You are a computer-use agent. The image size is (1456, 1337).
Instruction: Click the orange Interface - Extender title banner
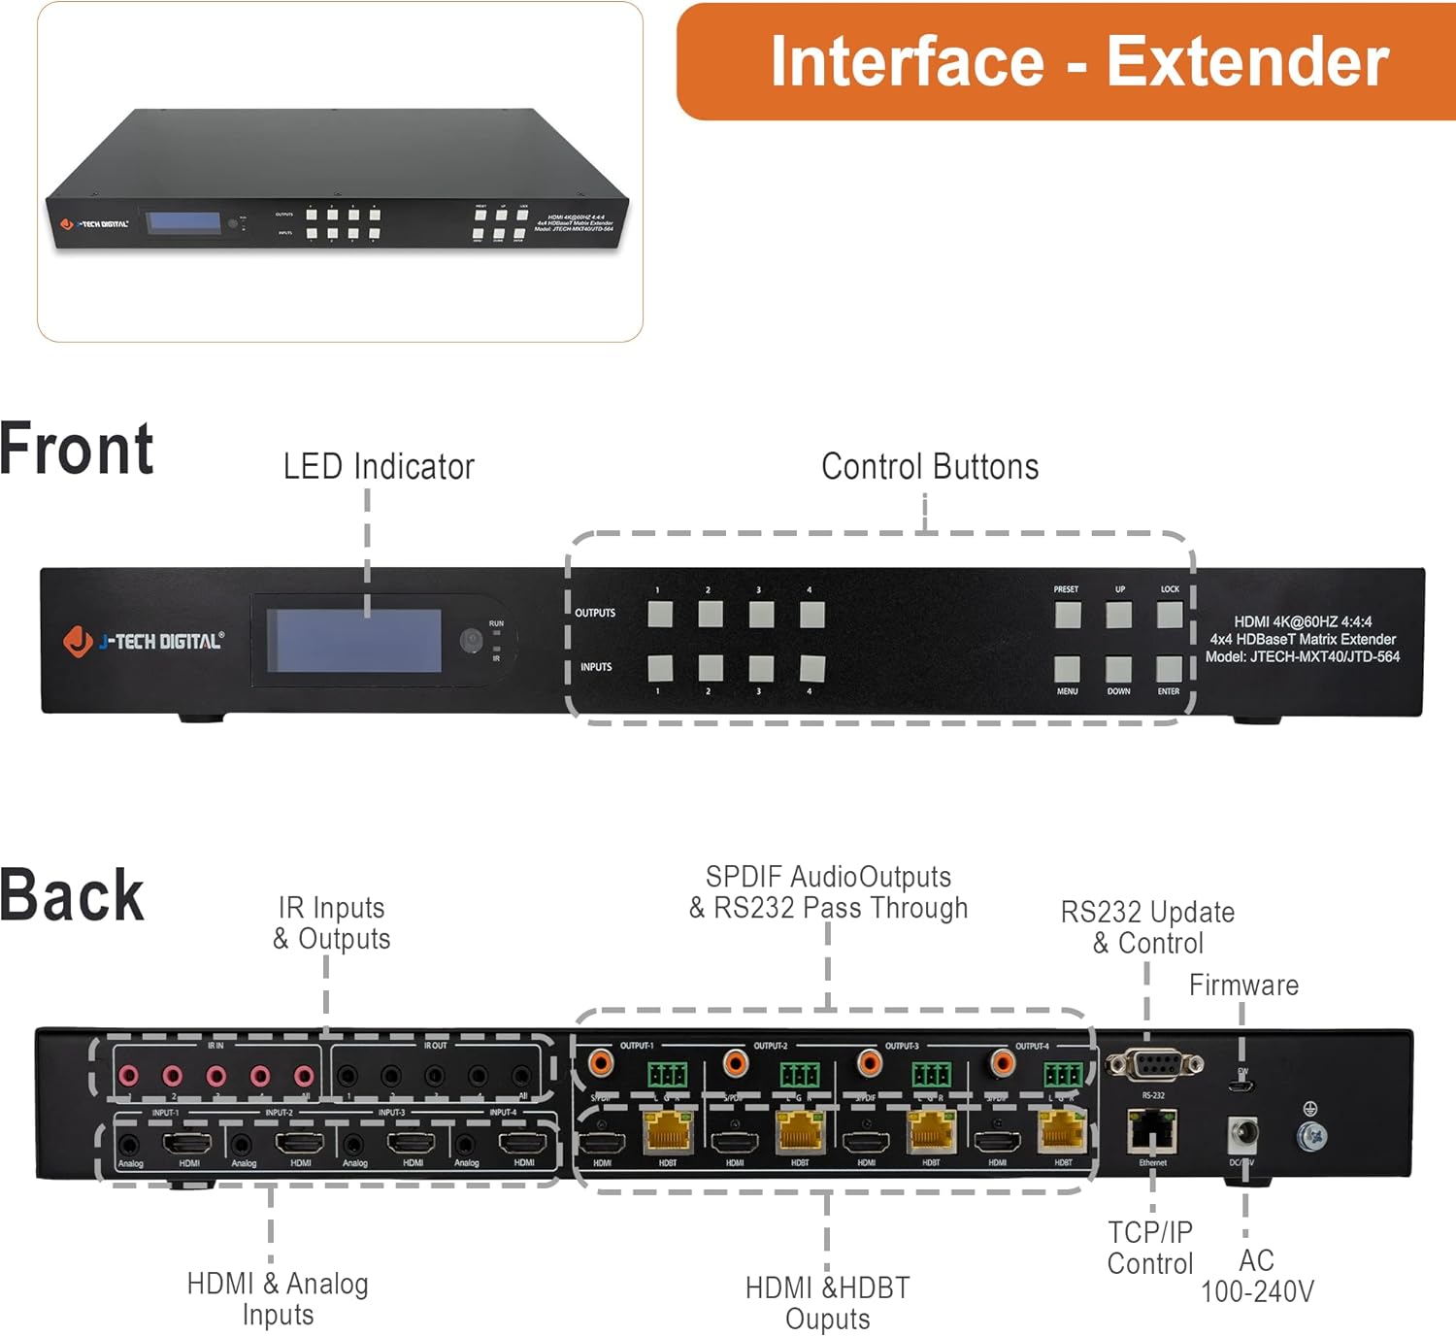coord(1068,62)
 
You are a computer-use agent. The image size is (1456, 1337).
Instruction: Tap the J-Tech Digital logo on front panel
coord(144,641)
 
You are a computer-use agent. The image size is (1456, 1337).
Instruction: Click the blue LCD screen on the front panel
coord(353,640)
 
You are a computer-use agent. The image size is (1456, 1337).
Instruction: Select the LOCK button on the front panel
coord(1170,615)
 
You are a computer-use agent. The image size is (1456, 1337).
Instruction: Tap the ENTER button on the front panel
coord(1169,668)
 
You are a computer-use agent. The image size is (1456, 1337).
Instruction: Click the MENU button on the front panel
coord(1067,668)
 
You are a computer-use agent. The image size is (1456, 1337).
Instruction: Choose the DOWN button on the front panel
coord(1118,668)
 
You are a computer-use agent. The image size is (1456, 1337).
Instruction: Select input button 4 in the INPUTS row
coord(811,668)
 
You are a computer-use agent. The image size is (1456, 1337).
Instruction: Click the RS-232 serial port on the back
coord(1154,1065)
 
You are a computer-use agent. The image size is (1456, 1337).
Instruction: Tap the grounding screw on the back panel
coord(1311,1133)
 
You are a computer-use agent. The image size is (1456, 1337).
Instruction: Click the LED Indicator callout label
coord(379,467)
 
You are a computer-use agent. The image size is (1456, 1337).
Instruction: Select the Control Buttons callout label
coord(929,467)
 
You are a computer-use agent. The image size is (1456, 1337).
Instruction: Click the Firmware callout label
coord(1243,986)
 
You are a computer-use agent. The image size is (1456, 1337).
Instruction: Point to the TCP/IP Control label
coord(1150,1248)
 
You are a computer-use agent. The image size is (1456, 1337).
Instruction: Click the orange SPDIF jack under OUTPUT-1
coord(601,1062)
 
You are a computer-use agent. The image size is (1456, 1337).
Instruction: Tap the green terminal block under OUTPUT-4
coord(1062,1075)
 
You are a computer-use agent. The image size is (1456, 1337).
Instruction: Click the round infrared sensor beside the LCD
coord(471,640)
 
